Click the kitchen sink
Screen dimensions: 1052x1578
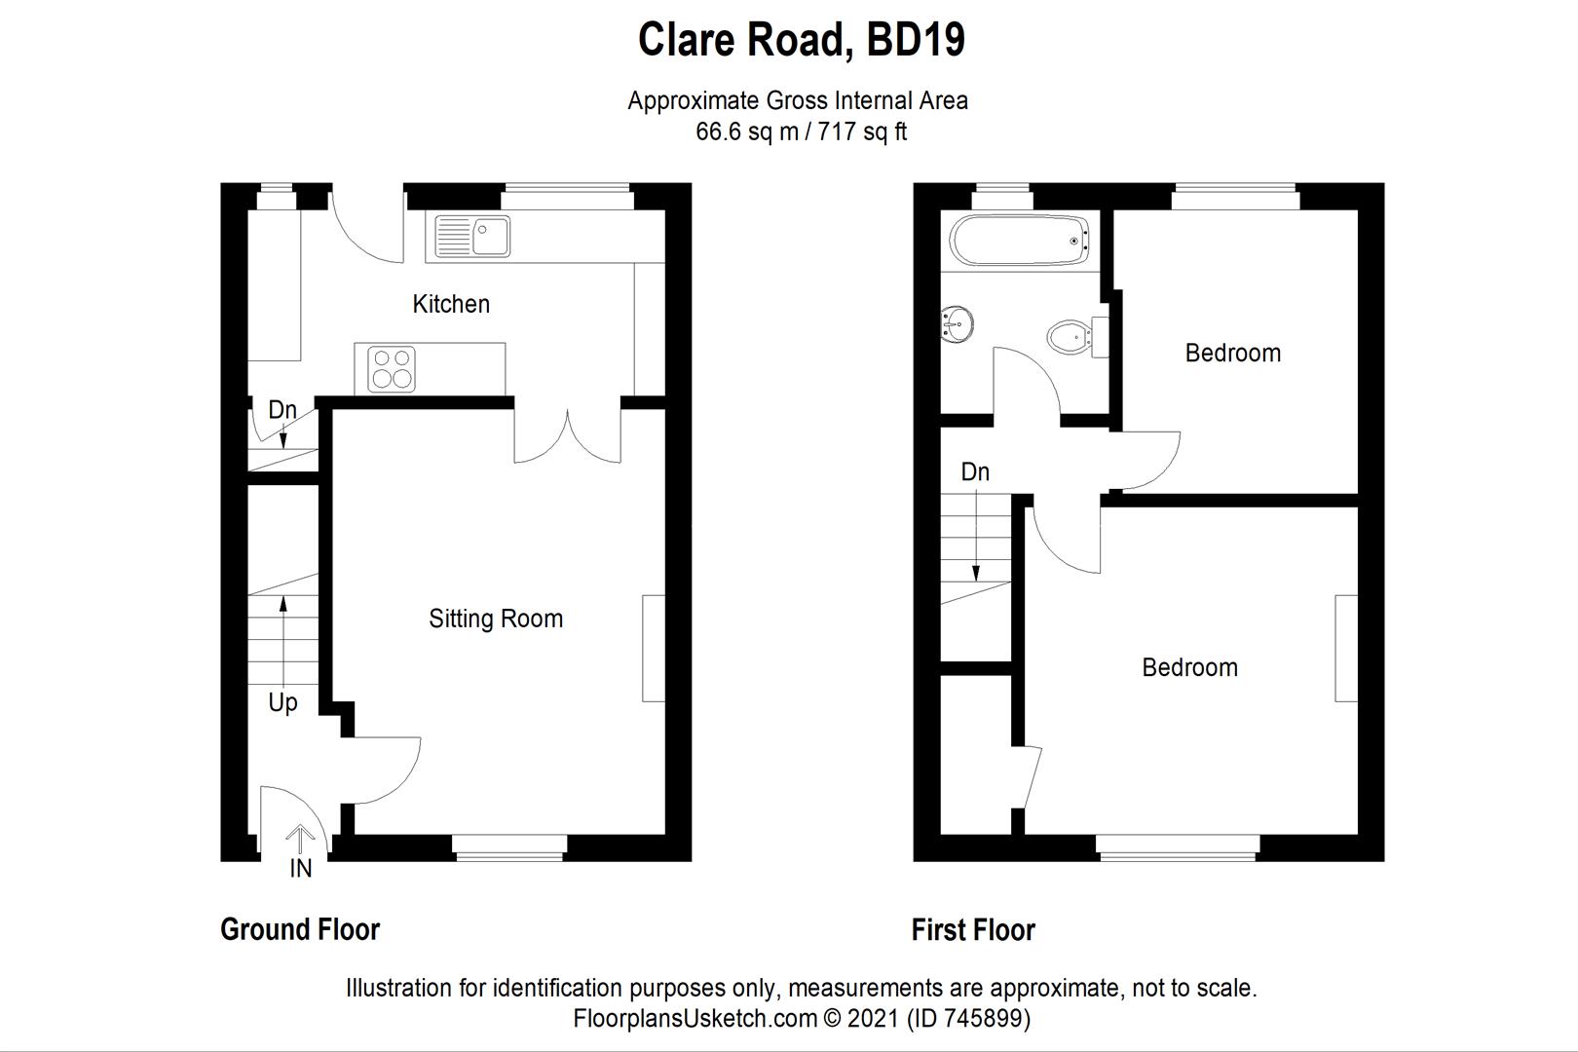tap(472, 236)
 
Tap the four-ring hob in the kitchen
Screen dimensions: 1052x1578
tap(392, 369)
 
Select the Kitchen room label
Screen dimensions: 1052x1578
tap(451, 304)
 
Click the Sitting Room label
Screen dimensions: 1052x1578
tap(496, 619)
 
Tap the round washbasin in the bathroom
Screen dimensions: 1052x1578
tap(957, 323)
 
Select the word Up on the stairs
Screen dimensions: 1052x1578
tap(282, 702)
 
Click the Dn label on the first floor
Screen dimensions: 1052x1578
tap(975, 472)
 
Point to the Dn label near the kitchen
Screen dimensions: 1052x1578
tap(282, 410)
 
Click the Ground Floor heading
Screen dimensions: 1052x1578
tap(300, 929)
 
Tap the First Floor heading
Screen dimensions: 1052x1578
tap(973, 929)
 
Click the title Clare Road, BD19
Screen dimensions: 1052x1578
tap(801, 40)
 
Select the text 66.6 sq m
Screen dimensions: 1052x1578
tap(746, 131)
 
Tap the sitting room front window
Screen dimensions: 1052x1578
tap(509, 847)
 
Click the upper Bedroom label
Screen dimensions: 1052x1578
tap(1232, 353)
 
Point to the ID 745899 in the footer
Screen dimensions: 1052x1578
tap(968, 1019)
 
